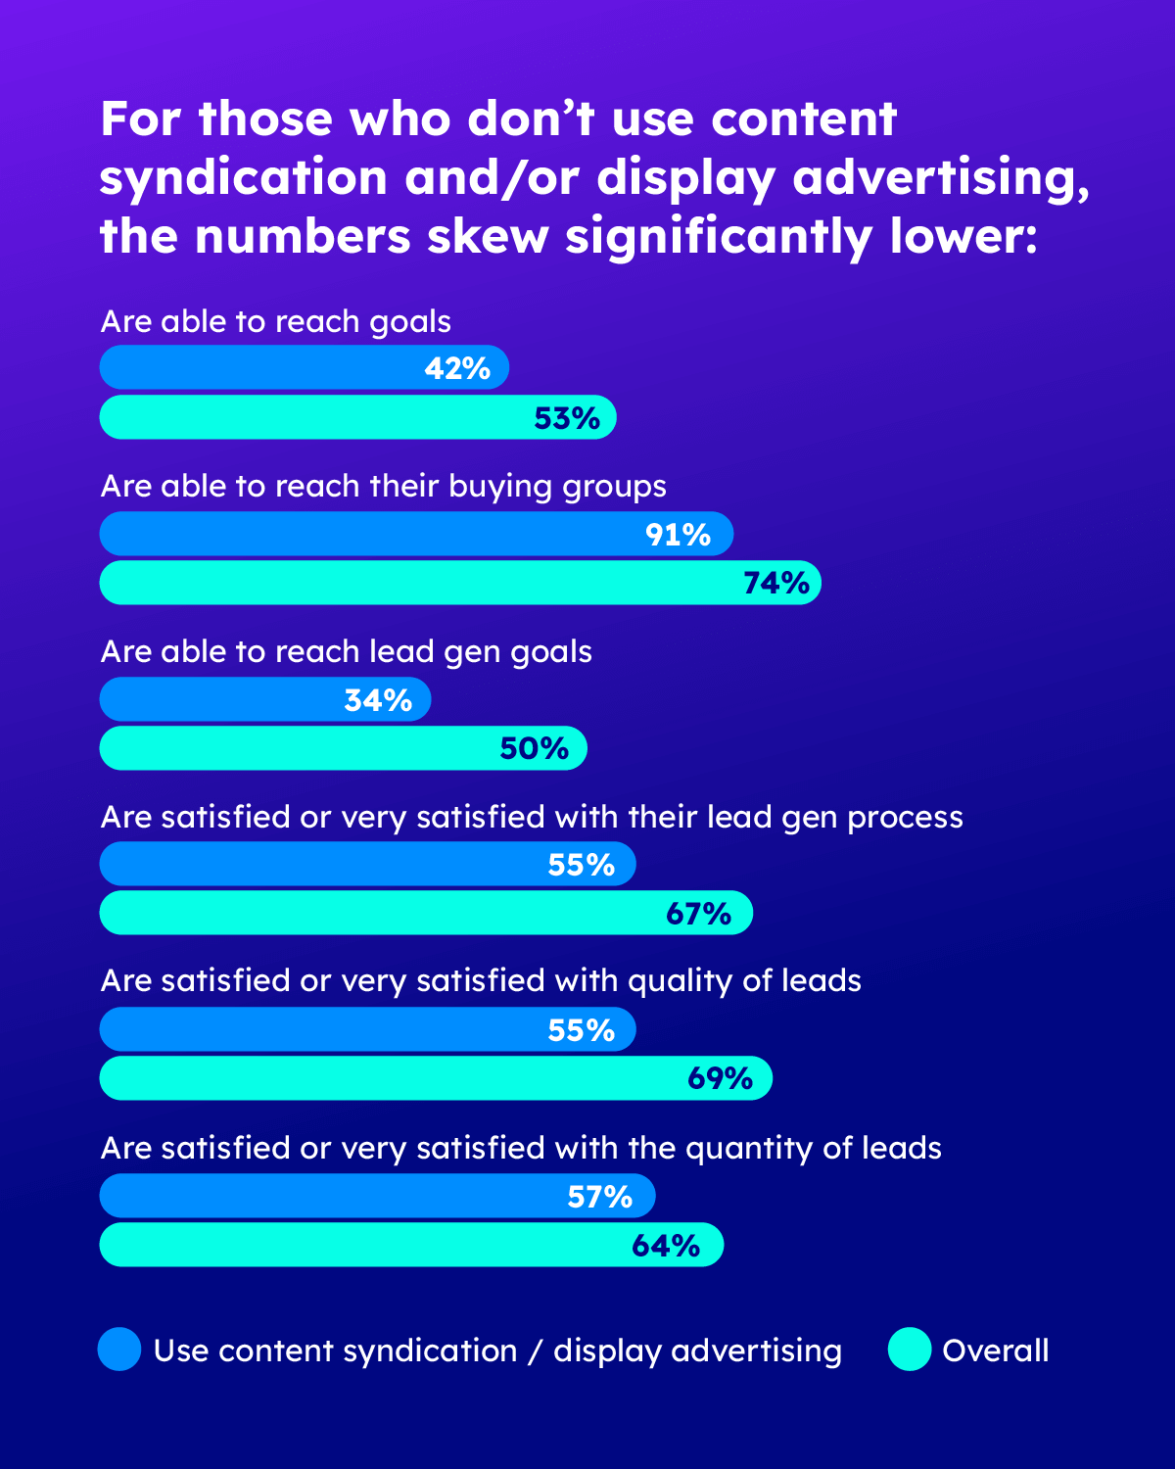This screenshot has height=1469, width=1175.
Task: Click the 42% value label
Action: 457,368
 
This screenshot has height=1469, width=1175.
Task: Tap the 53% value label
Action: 566,418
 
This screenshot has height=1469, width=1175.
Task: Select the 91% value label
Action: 678,535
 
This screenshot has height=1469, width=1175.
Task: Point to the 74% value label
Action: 775,583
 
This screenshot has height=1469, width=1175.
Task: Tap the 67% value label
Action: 698,914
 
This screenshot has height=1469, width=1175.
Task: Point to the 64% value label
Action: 666,1246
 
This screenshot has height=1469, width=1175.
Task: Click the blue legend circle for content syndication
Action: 119,1350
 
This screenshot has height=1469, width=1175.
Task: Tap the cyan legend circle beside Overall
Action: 910,1350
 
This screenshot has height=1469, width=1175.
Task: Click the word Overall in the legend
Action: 995,1351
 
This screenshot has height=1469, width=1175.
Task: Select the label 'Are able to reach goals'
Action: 276,321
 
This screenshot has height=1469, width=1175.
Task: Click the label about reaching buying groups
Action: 384,487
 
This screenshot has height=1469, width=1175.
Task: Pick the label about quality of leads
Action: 481,980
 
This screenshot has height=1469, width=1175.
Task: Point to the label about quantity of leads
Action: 521,1148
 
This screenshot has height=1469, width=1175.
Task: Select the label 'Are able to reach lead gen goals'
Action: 347,651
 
